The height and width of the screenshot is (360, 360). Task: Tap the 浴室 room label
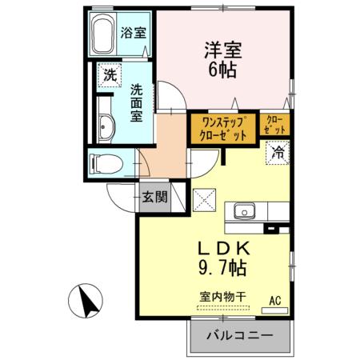pyautogui.click(x=134, y=34)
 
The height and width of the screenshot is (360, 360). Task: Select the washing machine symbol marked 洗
pyautogui.click(x=109, y=77)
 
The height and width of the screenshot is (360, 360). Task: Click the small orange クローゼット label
pyautogui.click(x=274, y=125)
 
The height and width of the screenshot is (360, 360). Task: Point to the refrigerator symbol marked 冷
pyautogui.click(x=276, y=151)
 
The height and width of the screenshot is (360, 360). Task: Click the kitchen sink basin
pyautogui.click(x=245, y=212)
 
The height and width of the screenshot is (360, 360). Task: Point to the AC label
pyautogui.click(x=274, y=301)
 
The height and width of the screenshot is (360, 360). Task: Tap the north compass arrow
pyautogui.click(x=86, y=301)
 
